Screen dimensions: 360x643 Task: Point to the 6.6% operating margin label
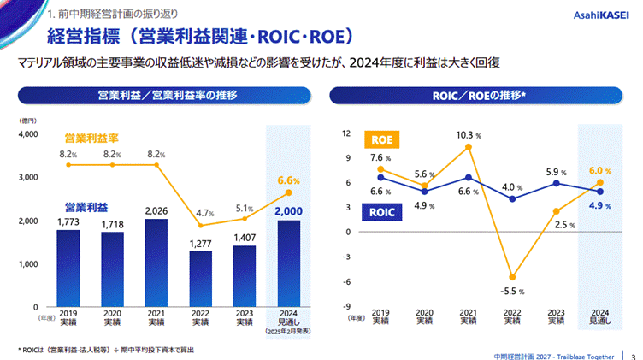(289, 180)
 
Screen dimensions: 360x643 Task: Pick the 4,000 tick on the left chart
(27, 134)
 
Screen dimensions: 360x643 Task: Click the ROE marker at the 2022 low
(510, 277)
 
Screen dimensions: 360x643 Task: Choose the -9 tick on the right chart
(347, 306)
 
